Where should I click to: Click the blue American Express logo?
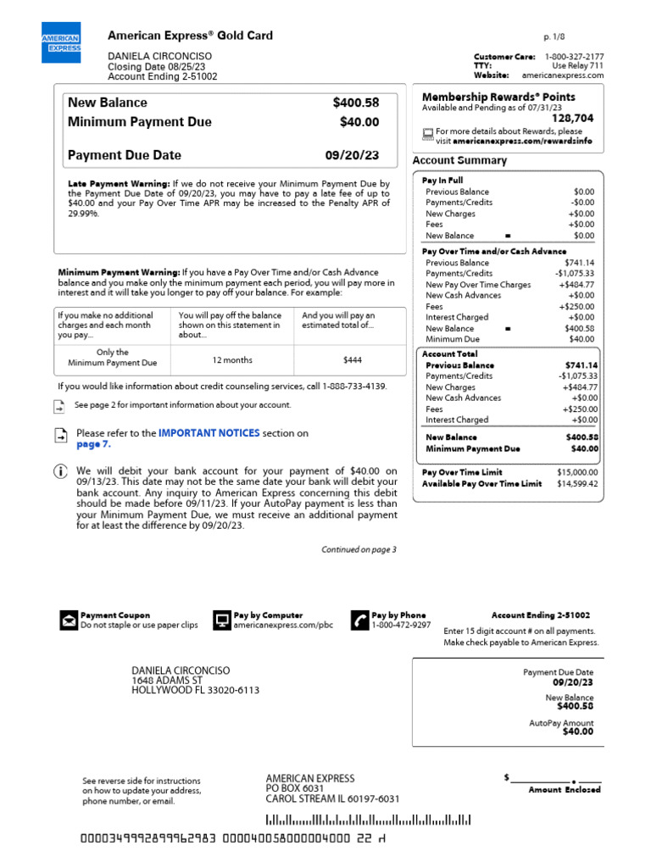pyautogui.click(x=61, y=42)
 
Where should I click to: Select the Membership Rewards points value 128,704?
pyautogui.click(x=573, y=119)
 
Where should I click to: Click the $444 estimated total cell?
pyautogui.click(x=353, y=360)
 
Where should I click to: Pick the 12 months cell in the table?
pyautogui.click(x=232, y=360)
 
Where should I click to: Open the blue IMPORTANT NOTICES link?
pyautogui.click(x=209, y=433)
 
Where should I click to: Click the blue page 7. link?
pyautogui.click(x=93, y=444)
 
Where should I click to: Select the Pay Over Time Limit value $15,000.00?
pyautogui.click(x=576, y=472)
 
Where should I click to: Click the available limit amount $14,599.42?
pyautogui.click(x=576, y=483)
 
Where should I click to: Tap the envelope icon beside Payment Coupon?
pyautogui.click(x=68, y=620)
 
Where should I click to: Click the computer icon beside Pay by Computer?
pyautogui.click(x=221, y=620)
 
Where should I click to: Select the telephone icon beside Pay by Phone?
pyautogui.click(x=359, y=620)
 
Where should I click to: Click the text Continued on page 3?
pyautogui.click(x=359, y=549)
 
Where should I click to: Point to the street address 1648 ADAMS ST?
pyautogui.click(x=167, y=680)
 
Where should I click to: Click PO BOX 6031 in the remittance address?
pyautogui.click(x=295, y=788)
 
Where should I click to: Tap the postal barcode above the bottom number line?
pyautogui.click(x=369, y=820)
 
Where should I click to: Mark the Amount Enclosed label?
pyautogui.click(x=565, y=789)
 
